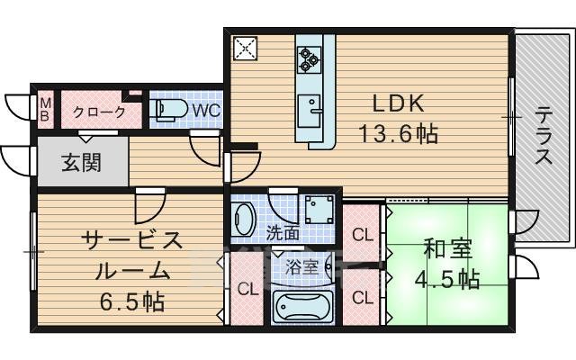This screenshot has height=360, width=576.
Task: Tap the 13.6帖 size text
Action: tap(399, 135)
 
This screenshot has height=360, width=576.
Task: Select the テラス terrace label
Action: tap(544, 136)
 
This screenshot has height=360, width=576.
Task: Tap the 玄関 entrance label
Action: tap(81, 163)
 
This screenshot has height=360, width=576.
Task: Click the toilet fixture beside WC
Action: tap(170, 110)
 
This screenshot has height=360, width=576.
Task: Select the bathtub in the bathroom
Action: tap(301, 305)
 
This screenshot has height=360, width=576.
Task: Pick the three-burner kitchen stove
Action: tap(310, 58)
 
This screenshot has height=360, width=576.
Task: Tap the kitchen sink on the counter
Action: tap(312, 107)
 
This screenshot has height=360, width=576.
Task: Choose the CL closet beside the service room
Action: tap(246, 288)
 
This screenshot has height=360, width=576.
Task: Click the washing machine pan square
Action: tap(318, 211)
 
